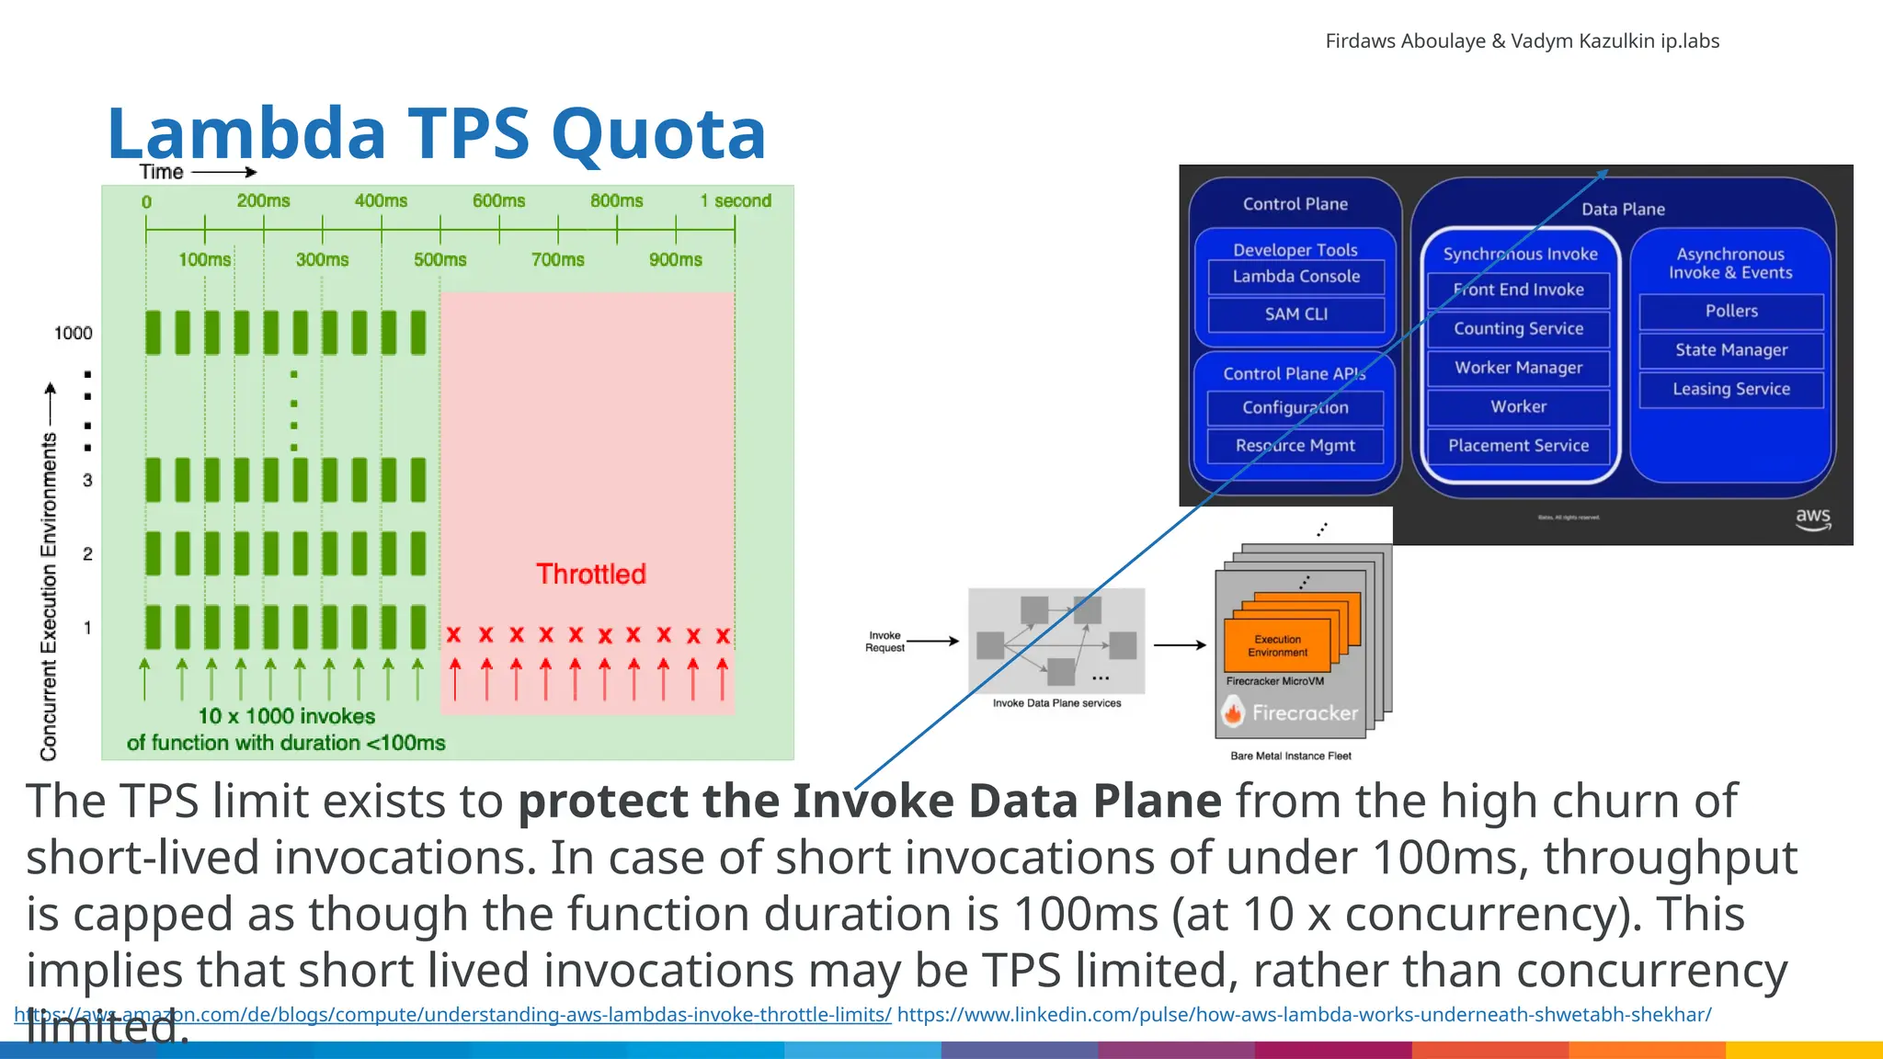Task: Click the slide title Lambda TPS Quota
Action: [436, 133]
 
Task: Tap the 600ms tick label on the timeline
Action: [498, 200]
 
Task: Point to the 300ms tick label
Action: [322, 259]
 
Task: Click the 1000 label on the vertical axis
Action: [73, 333]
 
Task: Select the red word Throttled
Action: [590, 574]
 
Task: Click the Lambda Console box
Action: [1295, 277]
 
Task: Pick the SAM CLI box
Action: [1295, 314]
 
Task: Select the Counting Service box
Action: [1518, 329]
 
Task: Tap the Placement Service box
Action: [1518, 446]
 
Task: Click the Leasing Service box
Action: [1730, 389]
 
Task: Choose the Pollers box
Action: [1730, 312]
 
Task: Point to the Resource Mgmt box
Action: [1295, 446]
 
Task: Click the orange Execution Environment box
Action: [1277, 645]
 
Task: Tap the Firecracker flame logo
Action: [1233, 712]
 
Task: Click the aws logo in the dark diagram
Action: [1812, 518]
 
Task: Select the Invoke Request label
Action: [884, 642]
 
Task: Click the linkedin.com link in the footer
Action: [1304, 1015]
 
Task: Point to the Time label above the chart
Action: [162, 172]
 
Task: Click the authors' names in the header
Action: [1522, 41]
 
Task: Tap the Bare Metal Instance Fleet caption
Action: [1290, 756]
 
